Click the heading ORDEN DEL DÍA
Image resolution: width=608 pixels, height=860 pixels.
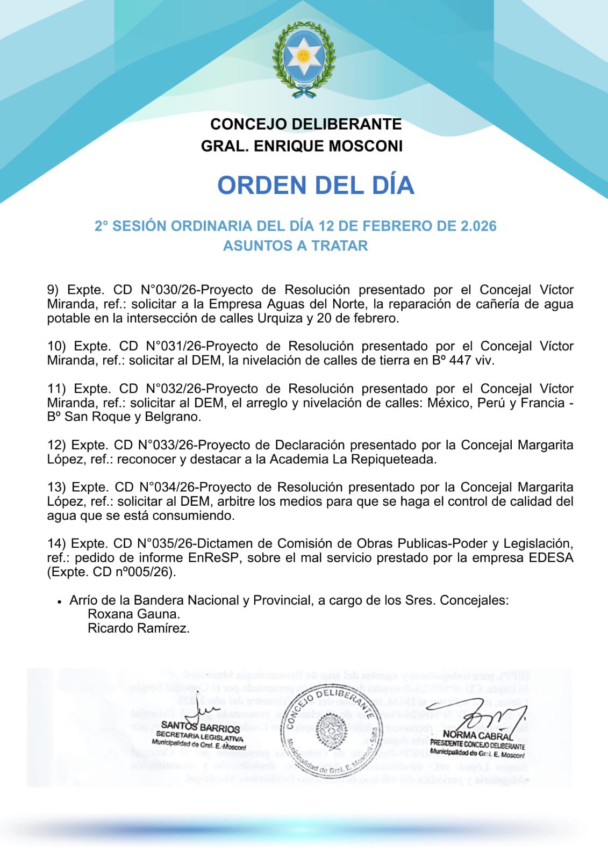(316, 185)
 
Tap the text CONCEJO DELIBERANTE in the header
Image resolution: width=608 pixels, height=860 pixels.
(306, 124)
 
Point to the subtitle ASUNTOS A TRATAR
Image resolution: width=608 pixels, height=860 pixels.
(295, 246)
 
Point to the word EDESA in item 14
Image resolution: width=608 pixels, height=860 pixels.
(551, 558)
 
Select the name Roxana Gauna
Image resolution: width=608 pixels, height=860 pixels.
(134, 614)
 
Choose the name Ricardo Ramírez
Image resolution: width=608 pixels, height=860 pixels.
(139, 628)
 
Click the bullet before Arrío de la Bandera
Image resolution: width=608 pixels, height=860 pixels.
(59, 602)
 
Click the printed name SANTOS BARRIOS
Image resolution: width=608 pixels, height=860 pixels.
(201, 728)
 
